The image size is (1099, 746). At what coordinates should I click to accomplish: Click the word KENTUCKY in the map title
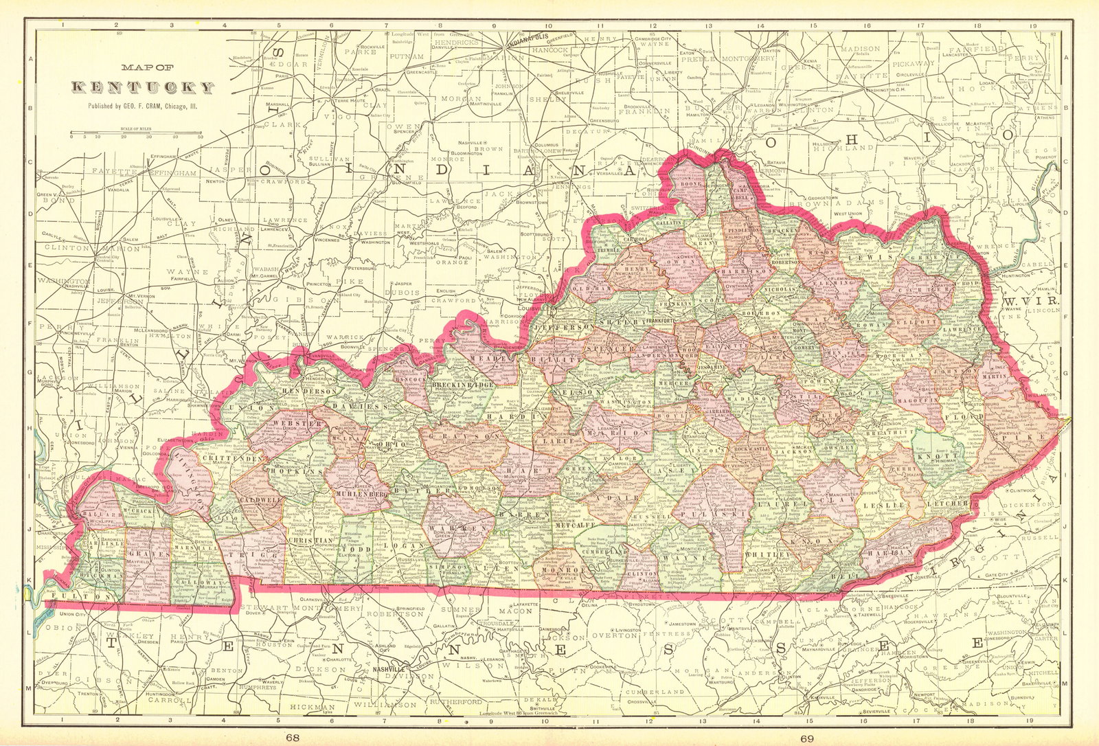[144, 87]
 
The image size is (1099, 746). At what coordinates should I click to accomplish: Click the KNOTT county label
[936, 455]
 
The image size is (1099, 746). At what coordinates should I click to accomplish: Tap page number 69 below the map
[806, 738]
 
